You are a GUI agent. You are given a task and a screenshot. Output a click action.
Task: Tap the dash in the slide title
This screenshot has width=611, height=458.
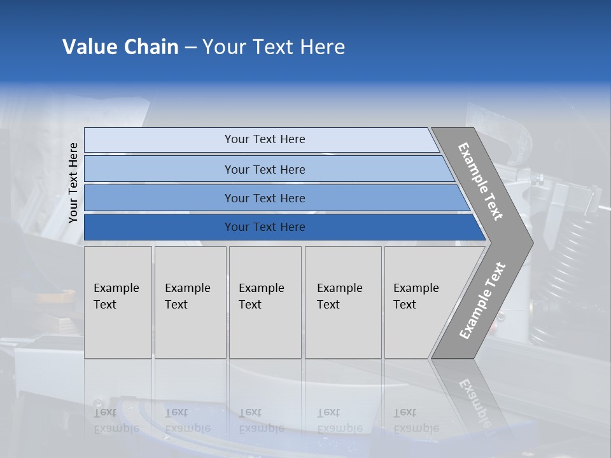pyautogui.click(x=190, y=48)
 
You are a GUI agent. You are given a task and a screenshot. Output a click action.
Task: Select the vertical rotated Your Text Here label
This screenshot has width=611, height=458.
pyautogui.click(x=73, y=183)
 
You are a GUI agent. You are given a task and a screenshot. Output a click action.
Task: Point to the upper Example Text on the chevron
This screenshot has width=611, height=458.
pyautogui.click(x=481, y=181)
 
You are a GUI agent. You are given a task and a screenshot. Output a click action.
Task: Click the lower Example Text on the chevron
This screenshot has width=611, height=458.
pyautogui.click(x=482, y=300)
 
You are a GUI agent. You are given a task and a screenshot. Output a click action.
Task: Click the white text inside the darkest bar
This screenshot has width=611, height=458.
pyautogui.click(x=265, y=227)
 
